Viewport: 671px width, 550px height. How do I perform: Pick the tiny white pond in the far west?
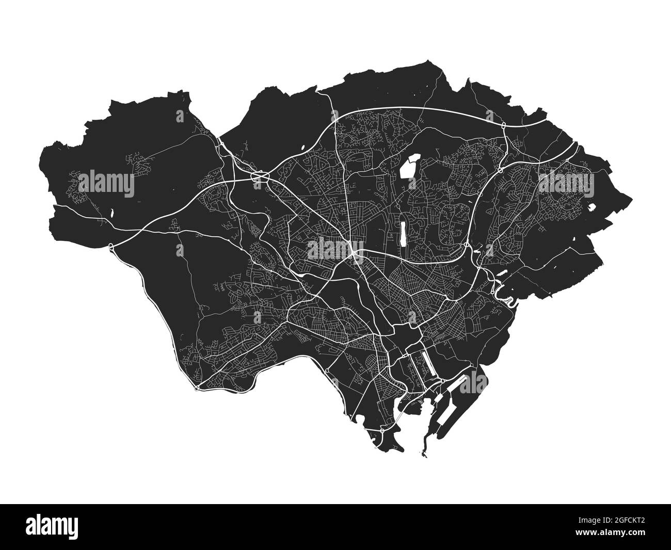(111, 212)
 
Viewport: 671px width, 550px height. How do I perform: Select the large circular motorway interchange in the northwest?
(258, 177)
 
